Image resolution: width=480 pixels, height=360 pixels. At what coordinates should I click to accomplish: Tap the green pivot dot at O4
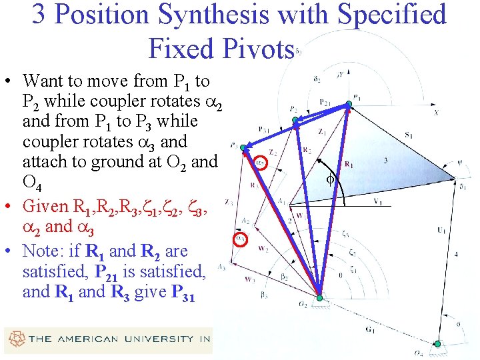[437, 344]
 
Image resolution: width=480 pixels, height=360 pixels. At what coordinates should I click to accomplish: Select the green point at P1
[348, 105]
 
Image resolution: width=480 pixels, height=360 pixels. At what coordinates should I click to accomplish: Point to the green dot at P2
[296, 121]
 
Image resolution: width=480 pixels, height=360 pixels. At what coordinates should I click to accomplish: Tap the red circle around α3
[242, 238]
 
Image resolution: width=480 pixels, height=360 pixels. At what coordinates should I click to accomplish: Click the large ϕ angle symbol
[329, 179]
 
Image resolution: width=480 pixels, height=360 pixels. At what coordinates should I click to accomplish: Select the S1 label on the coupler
[408, 135]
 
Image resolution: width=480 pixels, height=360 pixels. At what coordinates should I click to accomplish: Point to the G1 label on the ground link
[369, 329]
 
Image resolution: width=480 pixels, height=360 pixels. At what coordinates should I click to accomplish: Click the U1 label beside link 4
[441, 231]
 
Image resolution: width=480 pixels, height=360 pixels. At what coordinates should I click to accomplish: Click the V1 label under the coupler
[377, 201]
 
